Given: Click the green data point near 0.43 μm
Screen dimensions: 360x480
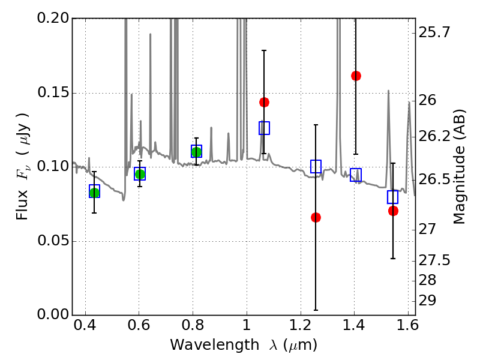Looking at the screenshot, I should pyautogui.click(x=94, y=192).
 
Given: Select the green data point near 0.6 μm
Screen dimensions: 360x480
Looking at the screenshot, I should pyautogui.click(x=140, y=174).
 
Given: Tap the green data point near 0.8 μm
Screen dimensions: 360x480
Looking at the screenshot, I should pyautogui.click(x=196, y=152).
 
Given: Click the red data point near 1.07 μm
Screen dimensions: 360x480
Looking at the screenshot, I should pyautogui.click(x=264, y=102).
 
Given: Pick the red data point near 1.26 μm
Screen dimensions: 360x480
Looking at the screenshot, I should pyautogui.click(x=316, y=217).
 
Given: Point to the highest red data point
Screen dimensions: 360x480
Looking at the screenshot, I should pyautogui.click(x=356, y=76).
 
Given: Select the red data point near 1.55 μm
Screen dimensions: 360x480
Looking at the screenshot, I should pyautogui.click(x=393, y=211).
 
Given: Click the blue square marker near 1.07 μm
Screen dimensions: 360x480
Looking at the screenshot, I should pyautogui.click(x=264, y=128).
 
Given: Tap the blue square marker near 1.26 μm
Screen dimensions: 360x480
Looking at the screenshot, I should pyautogui.click(x=316, y=166).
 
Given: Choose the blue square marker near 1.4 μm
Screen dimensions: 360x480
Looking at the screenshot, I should pyautogui.click(x=356, y=175).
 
